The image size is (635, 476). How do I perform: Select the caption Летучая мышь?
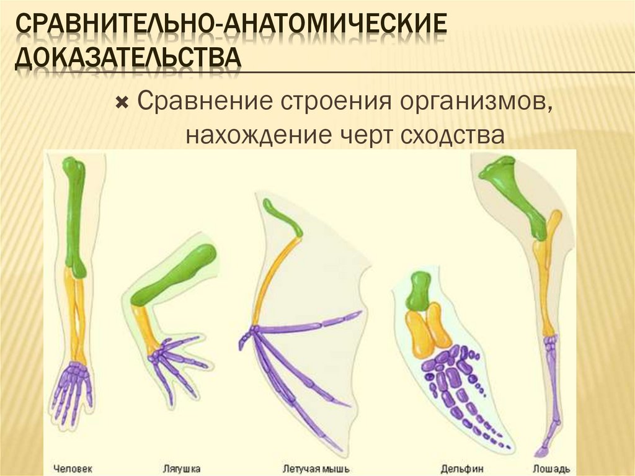[x=316, y=467]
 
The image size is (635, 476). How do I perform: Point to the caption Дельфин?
[x=461, y=467]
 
